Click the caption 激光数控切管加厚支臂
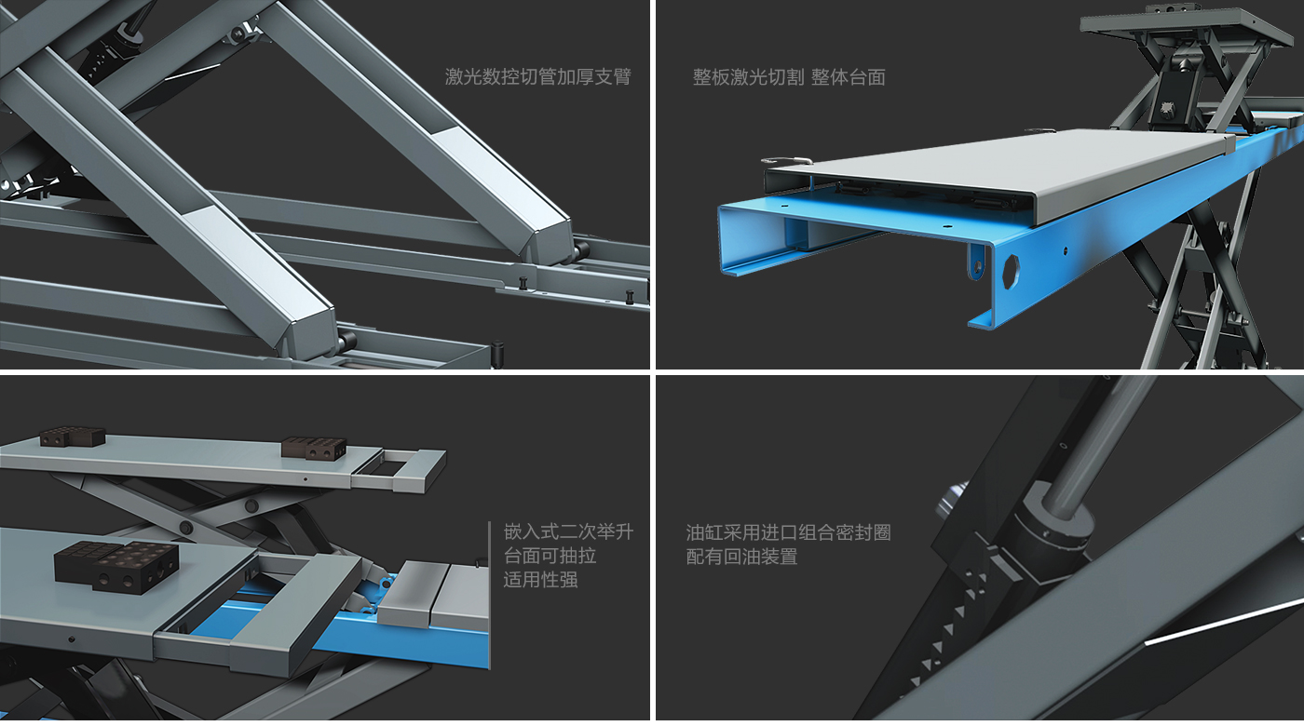point(538,76)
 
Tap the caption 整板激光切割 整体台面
point(789,77)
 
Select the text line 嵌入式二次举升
point(568,531)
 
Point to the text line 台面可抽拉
point(550,556)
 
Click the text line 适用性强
point(540,580)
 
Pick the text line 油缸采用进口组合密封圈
point(788,532)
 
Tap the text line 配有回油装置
point(741,557)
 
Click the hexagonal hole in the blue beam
point(1011,271)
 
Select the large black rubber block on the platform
point(116,567)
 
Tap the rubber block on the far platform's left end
point(73,437)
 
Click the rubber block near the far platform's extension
point(314,448)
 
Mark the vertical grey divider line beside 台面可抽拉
point(490,595)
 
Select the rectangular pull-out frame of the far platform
point(399,471)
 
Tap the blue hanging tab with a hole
point(977,262)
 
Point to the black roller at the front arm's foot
point(347,341)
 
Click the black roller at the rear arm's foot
point(582,250)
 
